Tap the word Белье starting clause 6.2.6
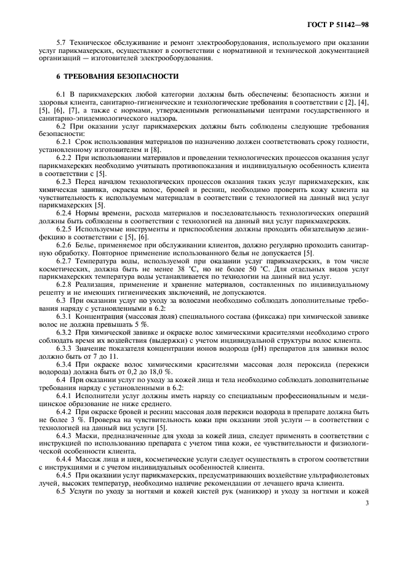pos(89,245)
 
